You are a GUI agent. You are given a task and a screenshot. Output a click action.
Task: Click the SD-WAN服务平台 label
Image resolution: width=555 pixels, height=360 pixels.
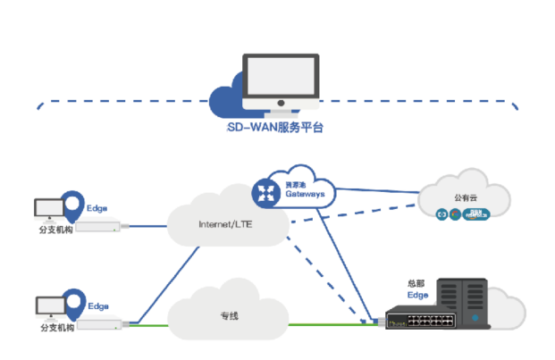click(x=275, y=127)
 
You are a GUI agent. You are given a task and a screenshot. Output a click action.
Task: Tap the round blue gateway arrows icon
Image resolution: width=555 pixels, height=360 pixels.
click(x=265, y=191)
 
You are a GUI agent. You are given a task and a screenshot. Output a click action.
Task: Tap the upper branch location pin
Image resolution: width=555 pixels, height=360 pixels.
click(x=73, y=205)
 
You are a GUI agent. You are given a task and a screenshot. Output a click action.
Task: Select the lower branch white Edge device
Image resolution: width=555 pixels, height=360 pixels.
click(x=98, y=323)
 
